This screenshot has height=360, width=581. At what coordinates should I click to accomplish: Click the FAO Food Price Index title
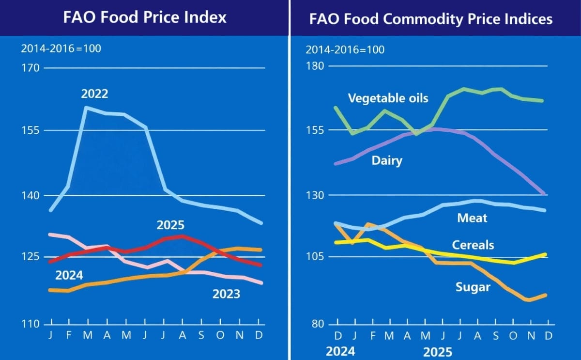pyautogui.click(x=145, y=17)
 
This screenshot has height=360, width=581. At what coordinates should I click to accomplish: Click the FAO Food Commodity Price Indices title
pyautogui.click(x=431, y=19)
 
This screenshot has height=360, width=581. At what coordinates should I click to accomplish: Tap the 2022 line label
pyautogui.click(x=94, y=94)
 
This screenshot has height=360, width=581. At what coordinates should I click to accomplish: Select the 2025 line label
pyautogui.click(x=170, y=225)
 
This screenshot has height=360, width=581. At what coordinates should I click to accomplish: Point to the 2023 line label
pyautogui.click(x=226, y=294)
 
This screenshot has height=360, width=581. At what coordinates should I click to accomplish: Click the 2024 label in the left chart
pyautogui.click(x=69, y=276)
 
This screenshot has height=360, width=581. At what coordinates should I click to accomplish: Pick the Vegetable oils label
pyautogui.click(x=388, y=98)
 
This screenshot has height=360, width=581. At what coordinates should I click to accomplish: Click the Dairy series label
pyautogui.click(x=387, y=160)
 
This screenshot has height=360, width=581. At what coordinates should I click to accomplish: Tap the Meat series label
pyautogui.click(x=472, y=219)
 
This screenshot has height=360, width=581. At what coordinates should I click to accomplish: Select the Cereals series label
pyautogui.click(x=473, y=245)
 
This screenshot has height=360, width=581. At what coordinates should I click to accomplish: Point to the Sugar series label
pyautogui.click(x=473, y=287)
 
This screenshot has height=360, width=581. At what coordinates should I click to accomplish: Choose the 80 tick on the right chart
pyautogui.click(x=316, y=324)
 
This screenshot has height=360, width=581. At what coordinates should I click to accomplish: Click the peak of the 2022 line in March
pyautogui.click(x=86, y=108)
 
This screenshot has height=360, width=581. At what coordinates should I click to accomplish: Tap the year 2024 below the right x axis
pyautogui.click(x=340, y=351)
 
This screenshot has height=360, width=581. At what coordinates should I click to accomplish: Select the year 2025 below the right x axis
pyautogui.click(x=438, y=351)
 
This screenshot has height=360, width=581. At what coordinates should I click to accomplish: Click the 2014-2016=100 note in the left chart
pyautogui.click(x=61, y=48)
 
